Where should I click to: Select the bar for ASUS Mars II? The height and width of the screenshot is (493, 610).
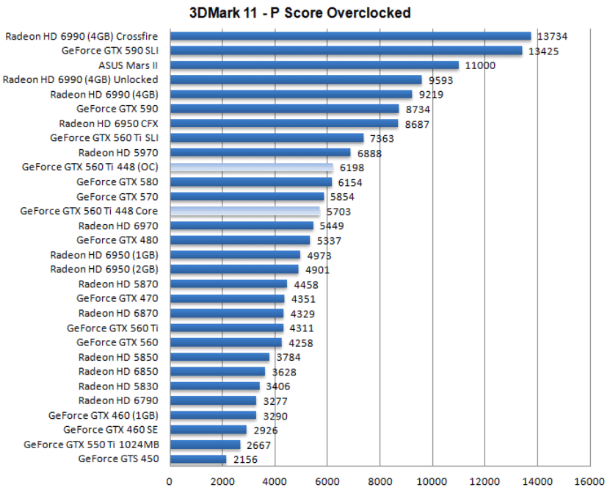(314, 65)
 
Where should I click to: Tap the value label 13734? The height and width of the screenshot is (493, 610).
(552, 36)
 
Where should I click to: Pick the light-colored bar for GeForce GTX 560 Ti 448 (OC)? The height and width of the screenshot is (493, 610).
(251, 168)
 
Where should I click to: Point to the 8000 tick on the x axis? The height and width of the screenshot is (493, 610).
(380, 482)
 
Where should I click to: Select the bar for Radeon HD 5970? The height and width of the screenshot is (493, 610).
(260, 153)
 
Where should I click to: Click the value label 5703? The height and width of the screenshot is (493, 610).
(338, 211)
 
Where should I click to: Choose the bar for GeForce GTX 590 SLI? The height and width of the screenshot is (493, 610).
(346, 51)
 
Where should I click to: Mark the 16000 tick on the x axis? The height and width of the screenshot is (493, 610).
(589, 482)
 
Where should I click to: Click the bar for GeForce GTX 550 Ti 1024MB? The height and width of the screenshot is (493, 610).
(205, 445)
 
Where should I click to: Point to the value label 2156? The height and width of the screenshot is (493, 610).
(245, 459)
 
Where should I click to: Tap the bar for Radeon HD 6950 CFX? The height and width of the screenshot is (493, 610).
(283, 123)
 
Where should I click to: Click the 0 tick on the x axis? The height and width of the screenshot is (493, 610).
(170, 482)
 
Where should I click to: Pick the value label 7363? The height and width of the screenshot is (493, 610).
(382, 138)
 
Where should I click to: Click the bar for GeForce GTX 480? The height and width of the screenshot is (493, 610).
(239, 240)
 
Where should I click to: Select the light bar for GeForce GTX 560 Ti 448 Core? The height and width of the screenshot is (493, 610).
(244, 211)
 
